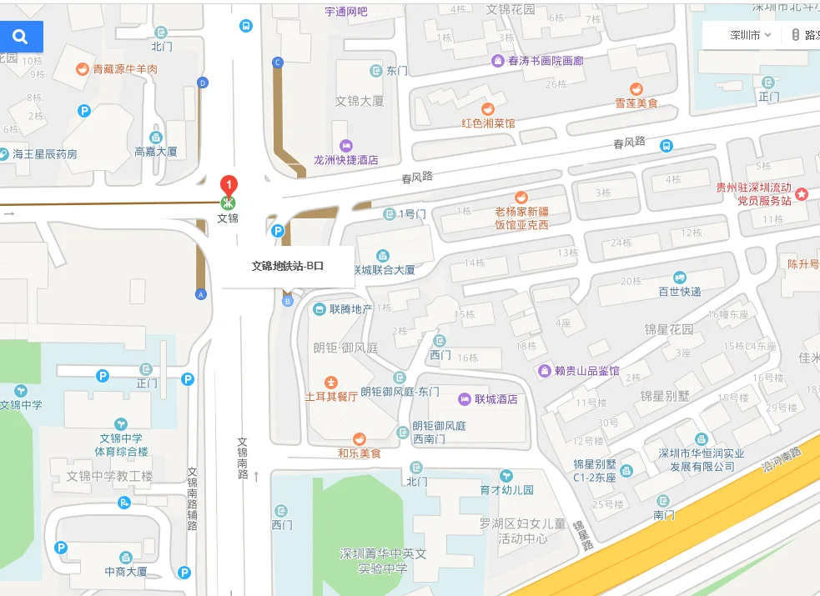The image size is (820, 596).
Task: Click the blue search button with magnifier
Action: coord(21,37)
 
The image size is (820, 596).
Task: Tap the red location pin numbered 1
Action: coord(228,186)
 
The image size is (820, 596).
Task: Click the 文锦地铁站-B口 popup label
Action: coord(288,267)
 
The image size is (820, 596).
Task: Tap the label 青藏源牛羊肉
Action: coord(125,69)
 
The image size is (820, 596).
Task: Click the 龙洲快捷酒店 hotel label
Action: coord(345,159)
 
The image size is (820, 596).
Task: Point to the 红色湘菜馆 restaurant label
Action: coord(489,123)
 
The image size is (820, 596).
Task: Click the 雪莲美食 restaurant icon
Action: coord(636,89)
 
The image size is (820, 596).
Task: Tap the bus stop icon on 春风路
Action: coord(667,146)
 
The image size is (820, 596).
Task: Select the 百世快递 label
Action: coord(680,291)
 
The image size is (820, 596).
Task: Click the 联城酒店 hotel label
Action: coord(496,399)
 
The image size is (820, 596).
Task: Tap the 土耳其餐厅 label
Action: coord(331,397)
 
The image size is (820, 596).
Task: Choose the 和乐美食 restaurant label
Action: coord(360,453)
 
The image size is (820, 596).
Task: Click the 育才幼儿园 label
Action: coord(506,490)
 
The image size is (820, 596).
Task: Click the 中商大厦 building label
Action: coord(126,572)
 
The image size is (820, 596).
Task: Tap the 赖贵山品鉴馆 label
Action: coord(587,371)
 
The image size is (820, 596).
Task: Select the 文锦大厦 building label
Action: coord(360,101)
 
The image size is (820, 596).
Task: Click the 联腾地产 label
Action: coord(350,309)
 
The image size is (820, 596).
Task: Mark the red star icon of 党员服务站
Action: coord(802,194)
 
